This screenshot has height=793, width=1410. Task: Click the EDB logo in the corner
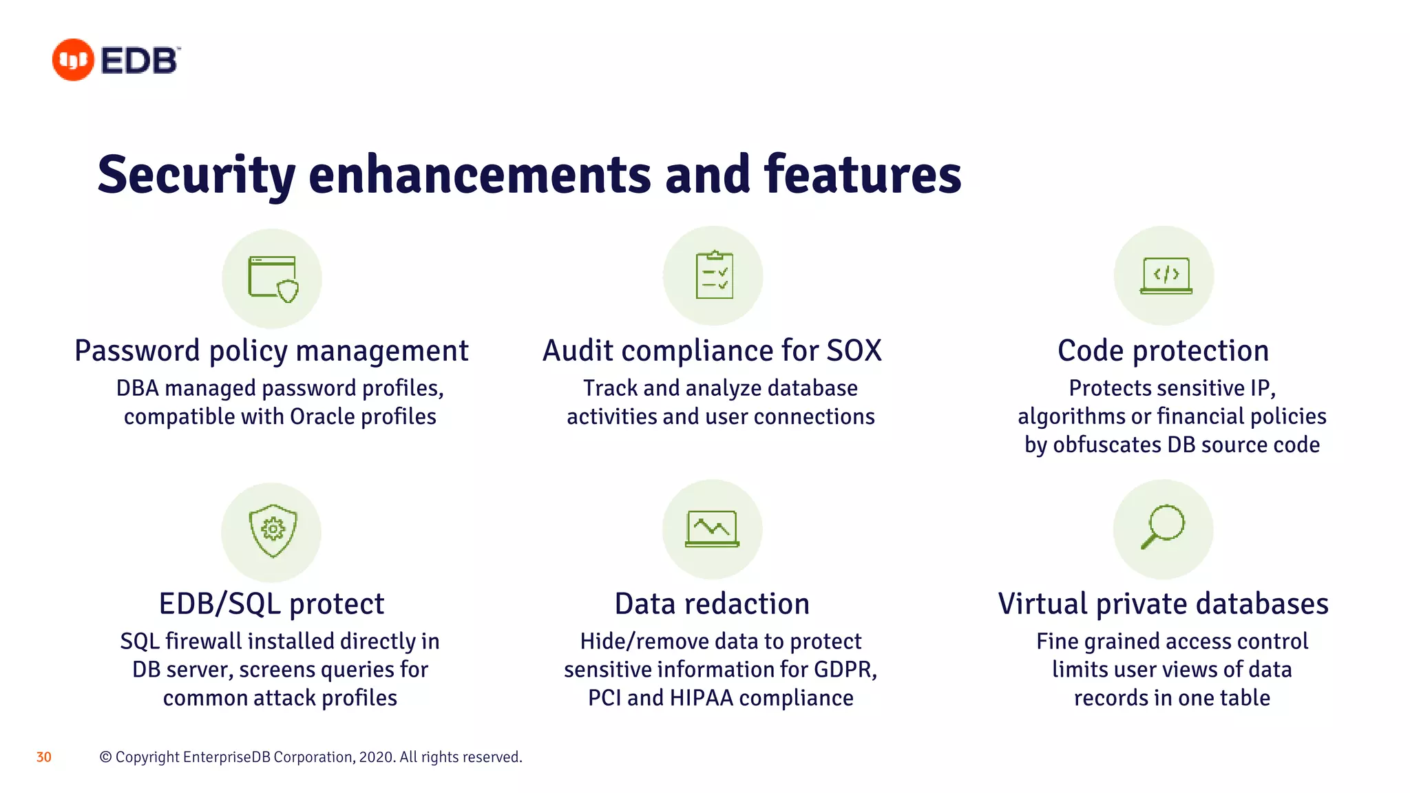tap(116, 60)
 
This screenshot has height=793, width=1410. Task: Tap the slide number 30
tap(43, 757)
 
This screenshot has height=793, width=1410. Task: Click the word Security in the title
tap(196, 175)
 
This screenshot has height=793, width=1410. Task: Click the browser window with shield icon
tap(273, 278)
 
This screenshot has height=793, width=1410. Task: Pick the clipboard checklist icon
tap(714, 275)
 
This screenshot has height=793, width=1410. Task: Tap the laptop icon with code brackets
tap(1166, 275)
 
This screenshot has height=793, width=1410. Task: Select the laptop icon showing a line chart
tap(712, 529)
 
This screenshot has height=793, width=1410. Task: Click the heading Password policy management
tap(271, 351)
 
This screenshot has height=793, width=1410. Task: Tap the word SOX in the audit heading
tap(854, 351)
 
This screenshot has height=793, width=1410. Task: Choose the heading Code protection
tap(1163, 351)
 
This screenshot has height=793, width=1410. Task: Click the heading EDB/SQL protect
tap(271, 604)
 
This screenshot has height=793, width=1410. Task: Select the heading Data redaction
tap(712, 604)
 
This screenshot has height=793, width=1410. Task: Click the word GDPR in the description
tap(845, 670)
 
